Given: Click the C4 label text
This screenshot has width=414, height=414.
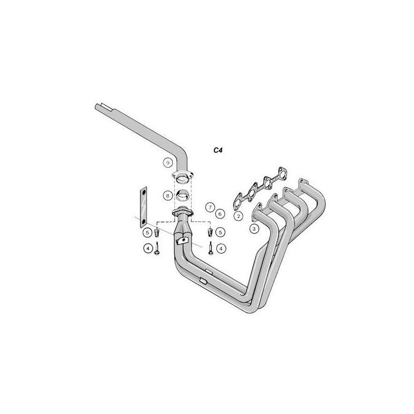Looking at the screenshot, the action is (x=218, y=151).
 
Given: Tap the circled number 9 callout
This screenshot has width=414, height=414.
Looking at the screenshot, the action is (x=168, y=163).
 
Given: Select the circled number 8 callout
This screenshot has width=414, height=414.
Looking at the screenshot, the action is (x=168, y=196).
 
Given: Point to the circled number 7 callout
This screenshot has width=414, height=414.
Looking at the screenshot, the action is (x=211, y=208).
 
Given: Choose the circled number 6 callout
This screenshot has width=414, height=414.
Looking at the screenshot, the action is (x=220, y=214).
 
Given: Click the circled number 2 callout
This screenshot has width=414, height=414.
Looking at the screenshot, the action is (x=239, y=216).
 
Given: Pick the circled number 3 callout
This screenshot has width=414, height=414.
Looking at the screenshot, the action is (x=254, y=229).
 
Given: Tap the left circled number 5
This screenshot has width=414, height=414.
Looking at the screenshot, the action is (x=147, y=232).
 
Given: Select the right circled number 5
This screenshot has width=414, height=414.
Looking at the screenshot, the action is (x=220, y=232).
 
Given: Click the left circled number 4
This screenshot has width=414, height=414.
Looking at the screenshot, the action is (x=148, y=248).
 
